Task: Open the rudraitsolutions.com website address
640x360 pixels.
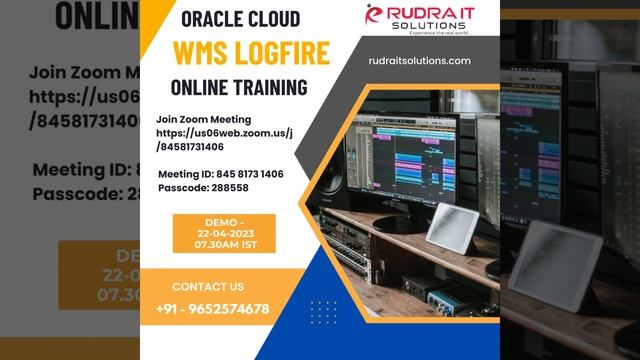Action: click(419, 61)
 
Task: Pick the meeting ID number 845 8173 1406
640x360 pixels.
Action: click(244, 174)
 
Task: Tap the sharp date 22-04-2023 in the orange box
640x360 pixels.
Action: click(210, 233)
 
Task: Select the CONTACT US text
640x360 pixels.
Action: click(208, 287)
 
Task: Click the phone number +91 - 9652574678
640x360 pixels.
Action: click(212, 309)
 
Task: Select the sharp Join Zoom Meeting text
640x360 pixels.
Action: click(203, 119)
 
